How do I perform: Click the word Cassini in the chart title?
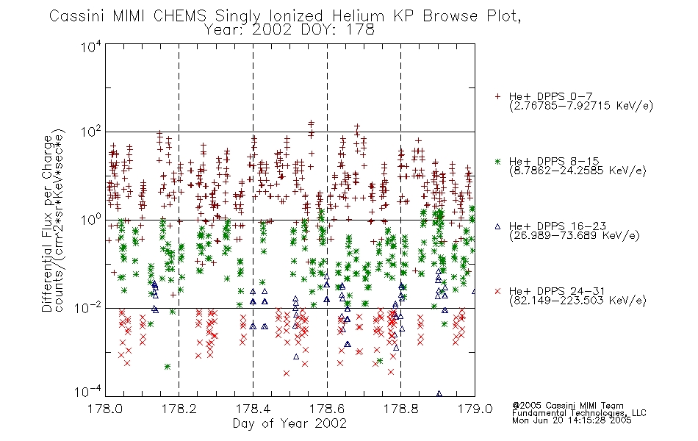pyautogui.click(x=76, y=15)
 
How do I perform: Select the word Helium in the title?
pyautogui.click(x=358, y=15)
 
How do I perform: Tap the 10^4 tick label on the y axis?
pyautogui.click(x=91, y=46)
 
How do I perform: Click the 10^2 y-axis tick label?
pyautogui.click(x=91, y=132)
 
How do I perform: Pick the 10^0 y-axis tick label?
pyautogui.click(x=91, y=220)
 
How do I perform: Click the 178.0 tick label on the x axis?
pyautogui.click(x=105, y=409)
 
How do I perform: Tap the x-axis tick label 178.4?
pyautogui.click(x=253, y=409)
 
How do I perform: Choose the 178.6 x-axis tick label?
pyautogui.click(x=327, y=409)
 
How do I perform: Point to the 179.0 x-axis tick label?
pyautogui.click(x=475, y=409)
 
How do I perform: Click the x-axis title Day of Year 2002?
pyautogui.click(x=289, y=423)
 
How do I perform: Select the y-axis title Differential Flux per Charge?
pyautogui.click(x=47, y=223)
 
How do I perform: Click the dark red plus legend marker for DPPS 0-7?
pyautogui.click(x=497, y=96)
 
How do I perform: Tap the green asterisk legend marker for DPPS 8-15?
pyautogui.click(x=497, y=161)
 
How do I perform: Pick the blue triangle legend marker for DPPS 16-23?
pyautogui.click(x=497, y=226)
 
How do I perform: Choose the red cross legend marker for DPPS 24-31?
pyautogui.click(x=497, y=291)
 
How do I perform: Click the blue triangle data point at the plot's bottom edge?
pyautogui.click(x=439, y=394)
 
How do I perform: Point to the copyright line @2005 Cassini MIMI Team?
pyautogui.click(x=568, y=406)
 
